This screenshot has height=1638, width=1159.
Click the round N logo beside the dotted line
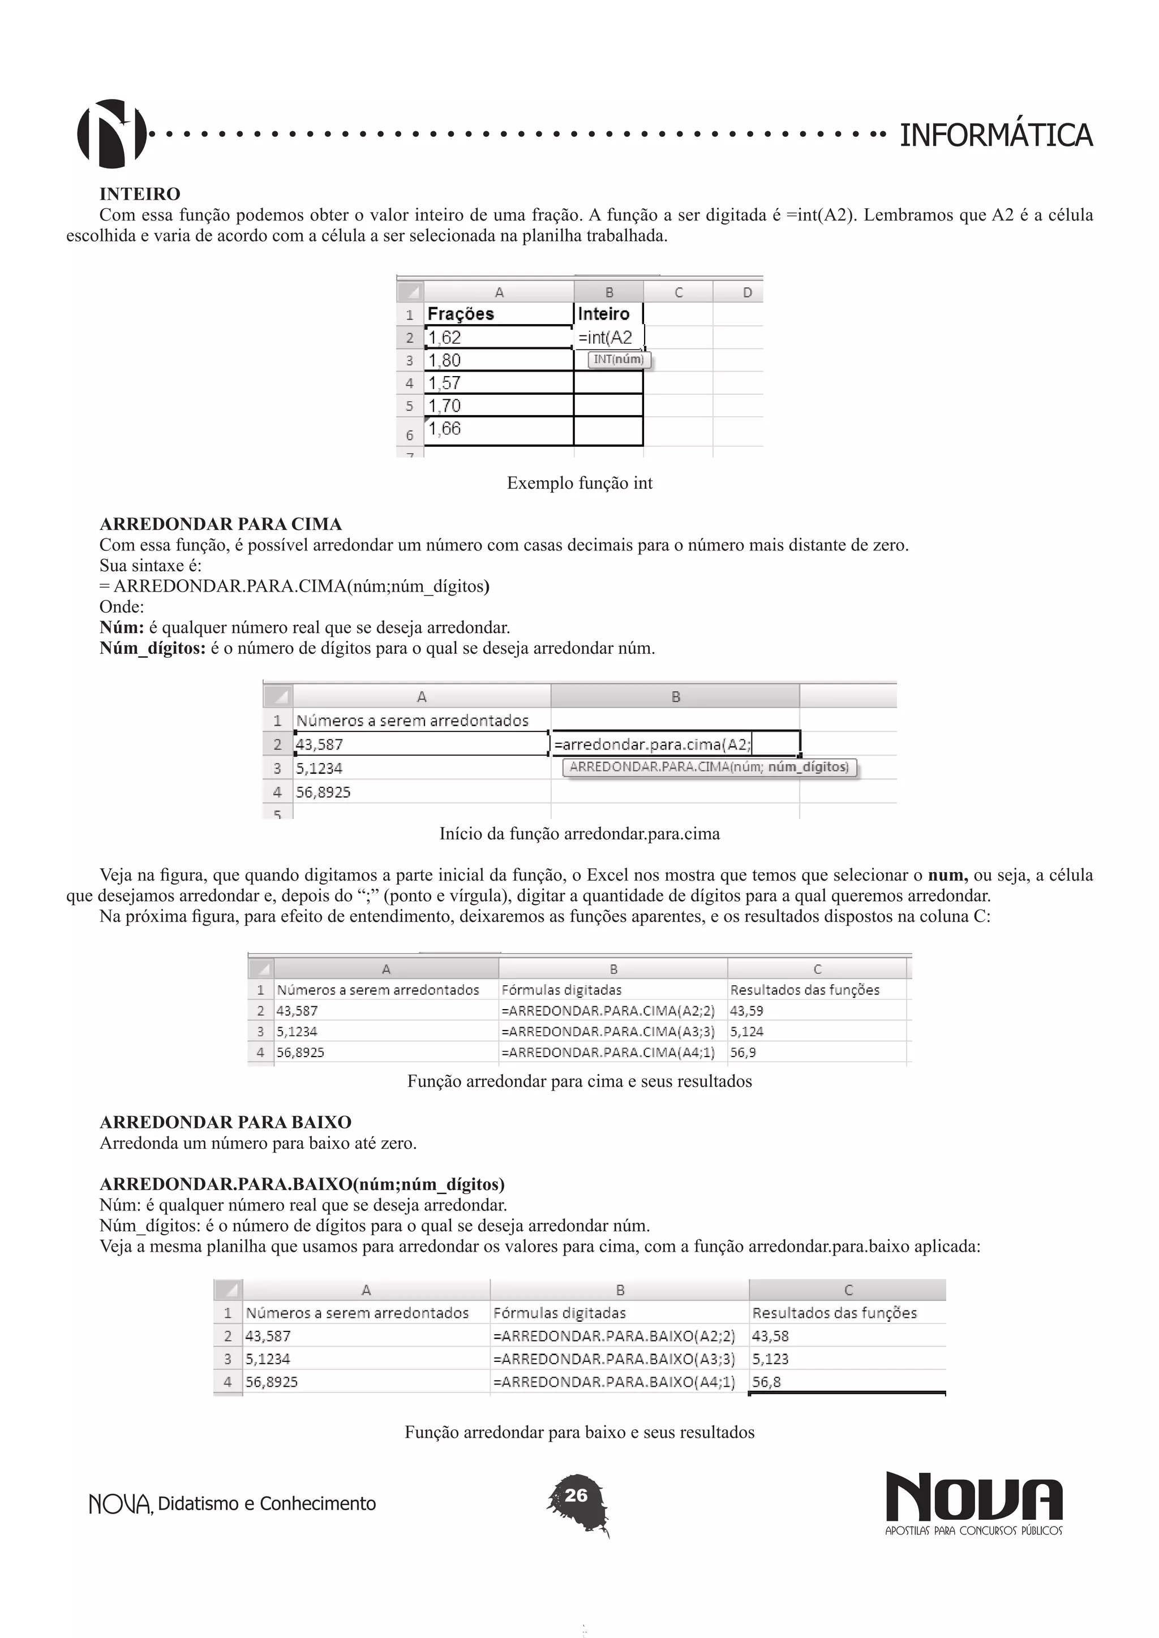[111, 133]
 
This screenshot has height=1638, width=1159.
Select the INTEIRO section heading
[140, 194]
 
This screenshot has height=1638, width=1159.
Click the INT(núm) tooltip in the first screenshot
[619, 360]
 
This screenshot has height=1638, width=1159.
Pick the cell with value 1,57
[497, 383]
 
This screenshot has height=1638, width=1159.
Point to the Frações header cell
[497, 314]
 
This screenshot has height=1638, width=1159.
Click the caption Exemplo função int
[579, 483]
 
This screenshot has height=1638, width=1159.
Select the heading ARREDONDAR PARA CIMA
[221, 524]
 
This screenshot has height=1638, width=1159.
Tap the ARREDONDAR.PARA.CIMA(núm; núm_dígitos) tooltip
[710, 768]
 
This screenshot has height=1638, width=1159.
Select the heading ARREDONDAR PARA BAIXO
[226, 1122]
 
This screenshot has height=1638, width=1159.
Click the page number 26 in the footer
[576, 1495]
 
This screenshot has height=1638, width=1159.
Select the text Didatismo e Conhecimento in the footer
[266, 1504]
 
